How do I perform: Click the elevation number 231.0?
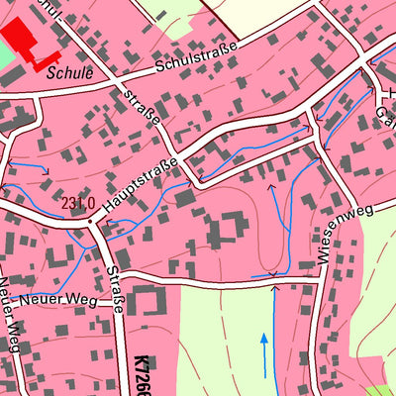77,204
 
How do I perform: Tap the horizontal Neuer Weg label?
69,299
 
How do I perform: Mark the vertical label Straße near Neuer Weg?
115,287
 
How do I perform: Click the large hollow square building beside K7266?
149,303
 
